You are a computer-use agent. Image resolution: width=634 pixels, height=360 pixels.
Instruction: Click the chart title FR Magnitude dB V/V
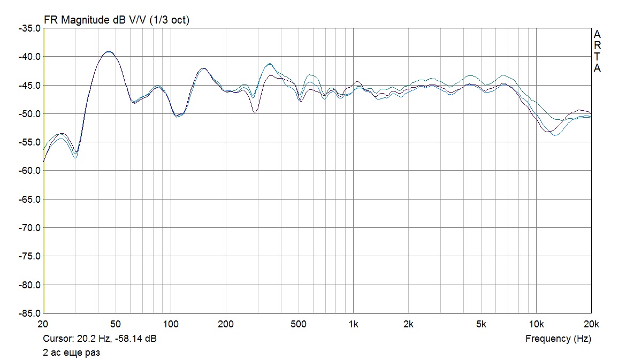[117, 20]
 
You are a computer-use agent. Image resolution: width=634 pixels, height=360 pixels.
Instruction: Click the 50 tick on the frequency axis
[115, 324]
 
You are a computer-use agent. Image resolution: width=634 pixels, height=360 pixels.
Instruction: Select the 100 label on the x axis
[171, 324]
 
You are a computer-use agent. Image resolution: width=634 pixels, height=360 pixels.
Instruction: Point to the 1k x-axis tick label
[353, 324]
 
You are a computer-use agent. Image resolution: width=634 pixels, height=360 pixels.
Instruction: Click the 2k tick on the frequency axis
[408, 324]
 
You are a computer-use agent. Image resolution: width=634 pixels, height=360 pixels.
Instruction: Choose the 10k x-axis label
[536, 324]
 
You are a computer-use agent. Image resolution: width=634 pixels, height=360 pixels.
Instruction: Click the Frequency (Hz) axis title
[558, 339]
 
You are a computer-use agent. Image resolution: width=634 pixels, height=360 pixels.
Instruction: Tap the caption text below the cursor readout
[71, 353]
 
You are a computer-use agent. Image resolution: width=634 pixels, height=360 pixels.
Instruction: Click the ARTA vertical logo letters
[597, 51]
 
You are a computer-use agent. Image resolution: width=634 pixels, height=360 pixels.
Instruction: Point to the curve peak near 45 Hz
[109, 51]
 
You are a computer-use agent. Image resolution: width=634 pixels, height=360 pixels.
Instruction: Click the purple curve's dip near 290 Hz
[255, 112]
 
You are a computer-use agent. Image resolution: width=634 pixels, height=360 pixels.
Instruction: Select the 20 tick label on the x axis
[44, 324]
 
